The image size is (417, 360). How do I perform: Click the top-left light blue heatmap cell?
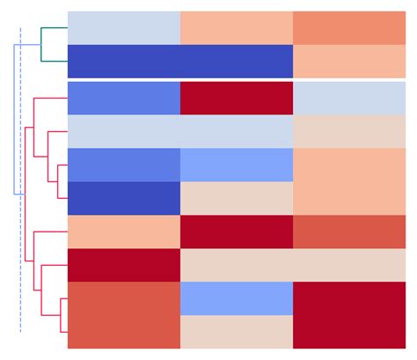click(123, 27)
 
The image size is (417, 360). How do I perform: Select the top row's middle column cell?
click(236, 27)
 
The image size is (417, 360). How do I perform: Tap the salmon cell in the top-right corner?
click(349, 27)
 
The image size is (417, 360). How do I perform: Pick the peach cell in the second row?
click(349, 61)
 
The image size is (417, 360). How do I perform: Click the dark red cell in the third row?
click(236, 98)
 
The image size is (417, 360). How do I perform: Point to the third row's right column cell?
click(349, 98)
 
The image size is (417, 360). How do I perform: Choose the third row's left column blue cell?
click(123, 98)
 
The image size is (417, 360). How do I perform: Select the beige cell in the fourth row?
click(349, 131)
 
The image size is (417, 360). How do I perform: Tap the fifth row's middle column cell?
click(236, 165)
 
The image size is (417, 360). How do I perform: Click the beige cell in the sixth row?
click(236, 198)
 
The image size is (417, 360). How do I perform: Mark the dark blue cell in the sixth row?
click(123, 198)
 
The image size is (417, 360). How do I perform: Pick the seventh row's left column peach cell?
click(123, 231)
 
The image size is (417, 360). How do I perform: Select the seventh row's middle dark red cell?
click(236, 231)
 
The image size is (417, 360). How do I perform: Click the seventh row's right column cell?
click(349, 231)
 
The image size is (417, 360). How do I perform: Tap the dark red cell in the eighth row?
click(123, 265)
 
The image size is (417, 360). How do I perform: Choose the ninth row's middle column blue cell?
click(236, 298)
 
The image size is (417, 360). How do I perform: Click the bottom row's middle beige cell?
click(236, 332)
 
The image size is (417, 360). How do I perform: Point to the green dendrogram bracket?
click(41, 44)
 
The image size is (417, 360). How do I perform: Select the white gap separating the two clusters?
click(236, 79)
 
